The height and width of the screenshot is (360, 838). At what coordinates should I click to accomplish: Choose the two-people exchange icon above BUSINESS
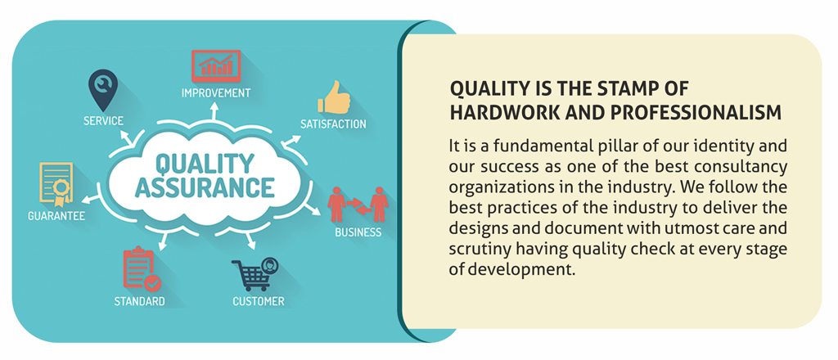pos(358,204)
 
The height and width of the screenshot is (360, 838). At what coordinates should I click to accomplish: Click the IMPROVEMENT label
pos(215,93)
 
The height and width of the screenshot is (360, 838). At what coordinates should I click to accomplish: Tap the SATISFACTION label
pos(333,124)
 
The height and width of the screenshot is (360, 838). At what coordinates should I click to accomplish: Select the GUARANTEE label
pos(56,216)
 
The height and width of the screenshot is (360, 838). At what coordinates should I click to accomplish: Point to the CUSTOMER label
pos(258,302)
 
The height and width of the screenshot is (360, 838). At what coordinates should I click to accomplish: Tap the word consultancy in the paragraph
pos(741,167)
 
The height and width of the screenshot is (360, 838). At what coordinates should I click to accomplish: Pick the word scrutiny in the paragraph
pos(484,250)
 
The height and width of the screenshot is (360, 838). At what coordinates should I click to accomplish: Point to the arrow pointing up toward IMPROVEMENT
pos(214,111)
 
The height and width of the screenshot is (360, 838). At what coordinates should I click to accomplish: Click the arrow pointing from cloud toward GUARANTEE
pos(90,200)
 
